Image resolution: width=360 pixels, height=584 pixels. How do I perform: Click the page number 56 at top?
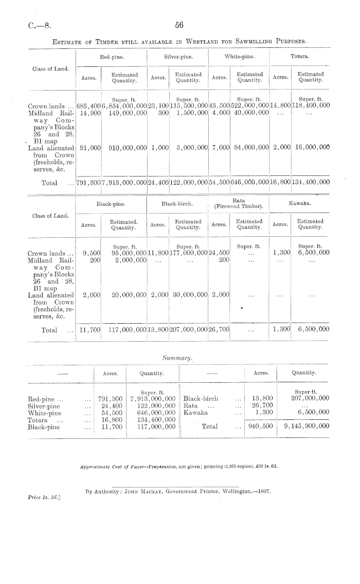click(x=179, y=25)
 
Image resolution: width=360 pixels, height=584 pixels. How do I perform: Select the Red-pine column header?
click(x=111, y=55)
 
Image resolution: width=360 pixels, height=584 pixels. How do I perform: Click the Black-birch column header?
click(x=176, y=204)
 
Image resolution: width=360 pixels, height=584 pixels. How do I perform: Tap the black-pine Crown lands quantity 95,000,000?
click(x=129, y=253)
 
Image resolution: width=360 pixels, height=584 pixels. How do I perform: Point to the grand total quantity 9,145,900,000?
click(x=306, y=427)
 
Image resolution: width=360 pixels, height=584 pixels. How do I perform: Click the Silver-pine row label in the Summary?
click(x=44, y=405)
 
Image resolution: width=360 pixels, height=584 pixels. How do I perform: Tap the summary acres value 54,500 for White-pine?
click(x=111, y=413)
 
